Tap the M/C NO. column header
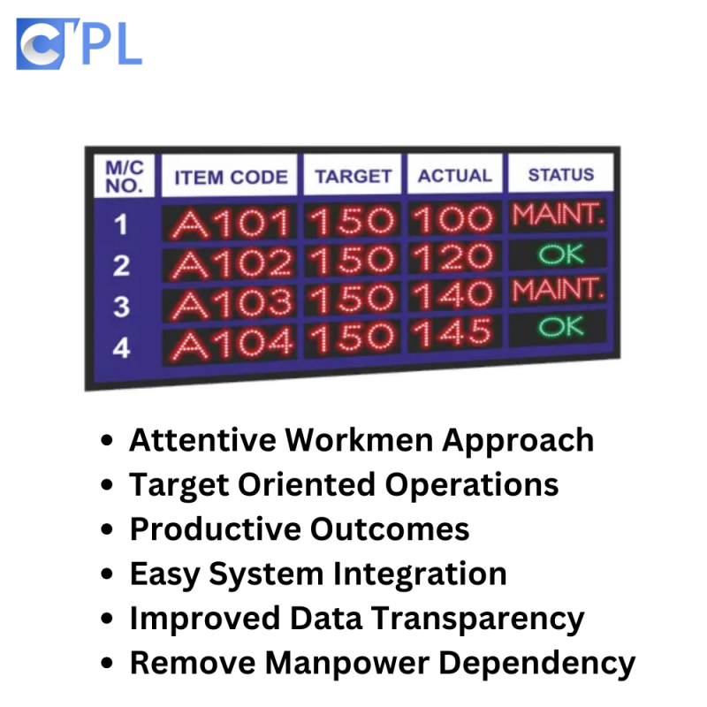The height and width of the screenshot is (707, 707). [x=125, y=177]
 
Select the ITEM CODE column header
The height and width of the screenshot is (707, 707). [x=231, y=178]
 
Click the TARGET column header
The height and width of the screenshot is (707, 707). [x=353, y=176]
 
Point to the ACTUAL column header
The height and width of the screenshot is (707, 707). [x=455, y=175]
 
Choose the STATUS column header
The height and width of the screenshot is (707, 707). [x=561, y=174]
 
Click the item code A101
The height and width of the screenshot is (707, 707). [x=231, y=223]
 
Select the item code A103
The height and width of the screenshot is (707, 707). [x=232, y=305]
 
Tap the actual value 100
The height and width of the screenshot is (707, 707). [x=452, y=219]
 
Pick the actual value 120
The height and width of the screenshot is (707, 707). [x=452, y=257]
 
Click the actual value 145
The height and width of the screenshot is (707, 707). [x=452, y=334]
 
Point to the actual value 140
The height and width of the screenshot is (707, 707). [x=452, y=295]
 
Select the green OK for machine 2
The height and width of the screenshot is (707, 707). [x=561, y=255]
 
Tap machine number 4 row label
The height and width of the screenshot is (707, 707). [x=121, y=348]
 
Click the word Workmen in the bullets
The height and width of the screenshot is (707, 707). [x=359, y=440]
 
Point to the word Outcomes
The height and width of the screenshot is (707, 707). [x=390, y=528]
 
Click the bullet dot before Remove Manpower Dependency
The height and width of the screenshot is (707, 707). [x=107, y=663]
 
